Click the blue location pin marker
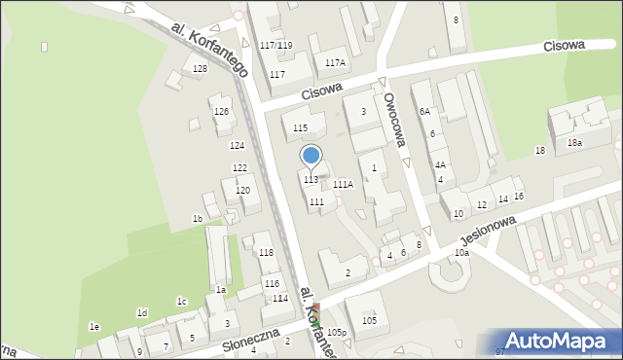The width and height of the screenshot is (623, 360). point(311,156)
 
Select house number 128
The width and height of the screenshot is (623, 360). point(200,68)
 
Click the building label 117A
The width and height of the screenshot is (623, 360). point(335,62)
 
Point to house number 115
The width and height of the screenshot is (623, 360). point(300,127)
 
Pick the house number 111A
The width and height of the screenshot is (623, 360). point(343,184)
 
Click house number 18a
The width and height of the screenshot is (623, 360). point(575,143)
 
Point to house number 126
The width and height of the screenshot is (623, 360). point(222,112)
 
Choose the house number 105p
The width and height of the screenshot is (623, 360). point(337,333)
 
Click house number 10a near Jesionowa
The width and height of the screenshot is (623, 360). point(461,253)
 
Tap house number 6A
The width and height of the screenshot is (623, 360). point(424,112)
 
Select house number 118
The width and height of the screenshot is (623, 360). point(266,253)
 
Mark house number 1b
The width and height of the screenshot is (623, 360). point(197,219)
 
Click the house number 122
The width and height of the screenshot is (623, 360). point(239,168)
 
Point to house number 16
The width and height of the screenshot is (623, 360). point(519,197)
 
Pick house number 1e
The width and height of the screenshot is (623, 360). point(93,326)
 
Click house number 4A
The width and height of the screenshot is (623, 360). point(440,165)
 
